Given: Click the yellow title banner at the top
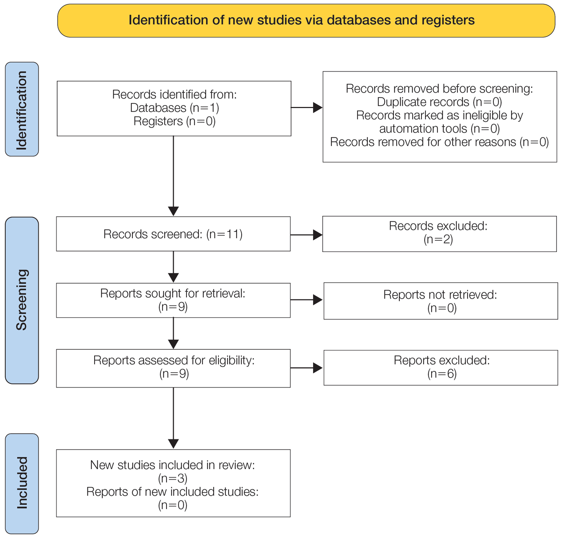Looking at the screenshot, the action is click(x=306, y=20).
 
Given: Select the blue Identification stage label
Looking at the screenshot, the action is click(x=22, y=109).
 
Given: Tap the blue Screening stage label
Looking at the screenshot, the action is click(x=22, y=300).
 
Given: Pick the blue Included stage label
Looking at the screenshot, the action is click(x=22, y=483).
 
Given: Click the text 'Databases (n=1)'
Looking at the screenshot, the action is click(x=175, y=108).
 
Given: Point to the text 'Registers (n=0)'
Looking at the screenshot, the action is click(x=175, y=121).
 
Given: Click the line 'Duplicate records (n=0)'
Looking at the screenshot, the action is click(x=439, y=102).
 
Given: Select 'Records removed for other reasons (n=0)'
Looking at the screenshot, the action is click(x=439, y=142).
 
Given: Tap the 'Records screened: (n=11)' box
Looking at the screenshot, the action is click(x=173, y=234).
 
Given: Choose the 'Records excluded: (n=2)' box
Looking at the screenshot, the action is click(x=440, y=234).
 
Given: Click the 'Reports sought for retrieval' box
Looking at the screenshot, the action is click(x=173, y=300).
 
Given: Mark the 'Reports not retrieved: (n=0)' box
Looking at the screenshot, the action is click(x=441, y=301).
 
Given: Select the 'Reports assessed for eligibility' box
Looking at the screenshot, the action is click(x=173, y=368).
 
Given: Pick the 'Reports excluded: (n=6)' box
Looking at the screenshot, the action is click(x=441, y=368).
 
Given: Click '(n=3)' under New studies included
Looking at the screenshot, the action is click(x=173, y=478).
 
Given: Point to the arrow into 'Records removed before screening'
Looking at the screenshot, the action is click(x=307, y=108).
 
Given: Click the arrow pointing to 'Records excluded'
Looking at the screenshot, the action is click(x=306, y=235).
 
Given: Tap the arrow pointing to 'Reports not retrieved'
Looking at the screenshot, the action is click(x=306, y=300).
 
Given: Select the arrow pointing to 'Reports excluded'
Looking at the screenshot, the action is click(x=306, y=368).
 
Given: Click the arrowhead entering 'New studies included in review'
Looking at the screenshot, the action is click(x=173, y=444).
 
